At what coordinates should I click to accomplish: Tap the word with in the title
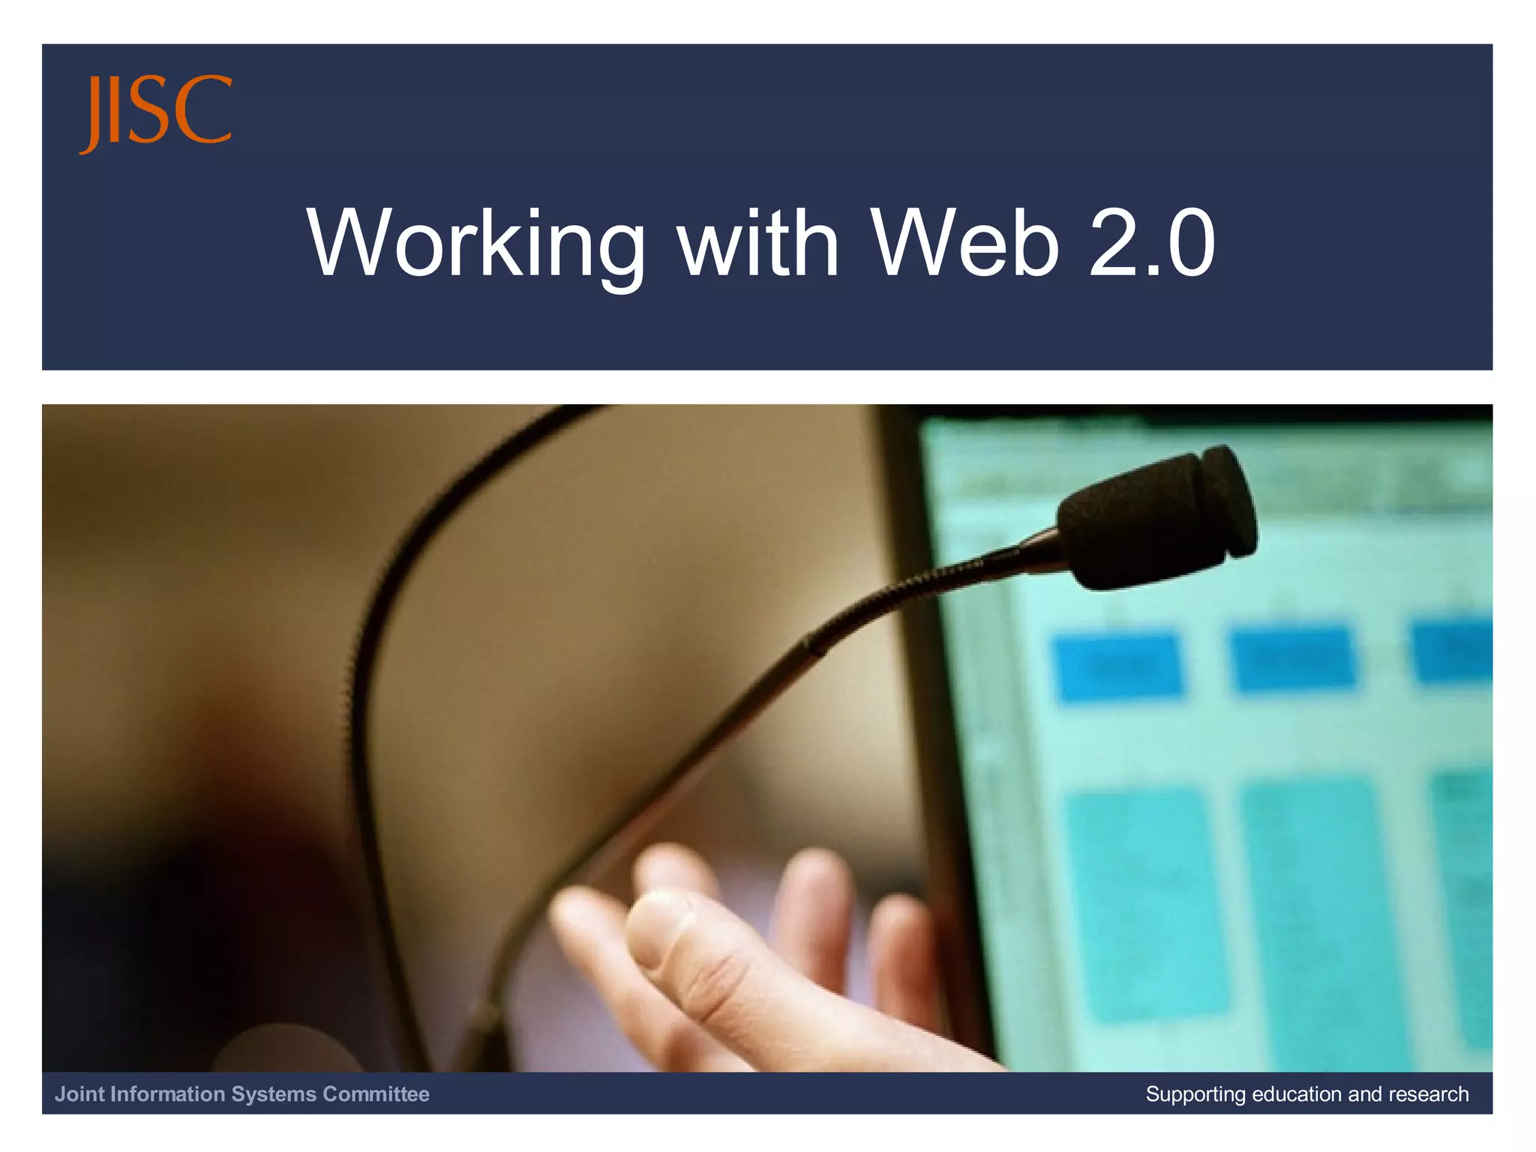[x=758, y=243]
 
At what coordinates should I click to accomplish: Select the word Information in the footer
[x=167, y=1094]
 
